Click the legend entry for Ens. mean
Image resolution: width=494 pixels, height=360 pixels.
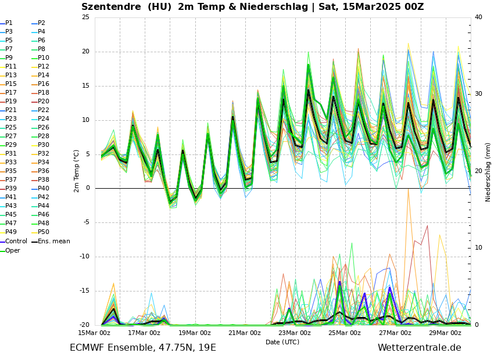[53, 242]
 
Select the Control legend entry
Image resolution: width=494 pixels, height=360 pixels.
[16, 242]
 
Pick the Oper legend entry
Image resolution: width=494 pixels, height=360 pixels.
[12, 251]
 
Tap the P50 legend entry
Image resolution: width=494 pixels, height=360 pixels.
[44, 232]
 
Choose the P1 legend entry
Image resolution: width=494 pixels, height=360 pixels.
[9, 23]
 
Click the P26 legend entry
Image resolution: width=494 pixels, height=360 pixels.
[44, 128]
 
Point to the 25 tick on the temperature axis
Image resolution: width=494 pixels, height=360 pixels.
[85, 17]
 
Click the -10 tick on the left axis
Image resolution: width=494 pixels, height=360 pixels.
[84, 257]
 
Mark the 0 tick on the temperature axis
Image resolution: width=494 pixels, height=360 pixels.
[88, 188]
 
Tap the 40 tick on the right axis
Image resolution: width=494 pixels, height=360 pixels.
[478, 17]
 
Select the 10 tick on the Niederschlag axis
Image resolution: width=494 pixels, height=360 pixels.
[478, 248]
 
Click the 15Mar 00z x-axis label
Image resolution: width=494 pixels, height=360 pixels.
[94, 333]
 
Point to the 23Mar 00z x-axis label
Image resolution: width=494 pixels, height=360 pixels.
[295, 333]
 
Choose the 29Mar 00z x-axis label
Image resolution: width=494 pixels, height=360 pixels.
[445, 333]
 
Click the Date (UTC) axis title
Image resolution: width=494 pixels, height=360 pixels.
[282, 342]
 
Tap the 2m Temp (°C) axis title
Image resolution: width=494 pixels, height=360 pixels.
[77, 171]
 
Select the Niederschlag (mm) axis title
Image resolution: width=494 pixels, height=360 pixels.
[488, 172]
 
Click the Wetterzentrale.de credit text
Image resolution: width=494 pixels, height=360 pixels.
[419, 348]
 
